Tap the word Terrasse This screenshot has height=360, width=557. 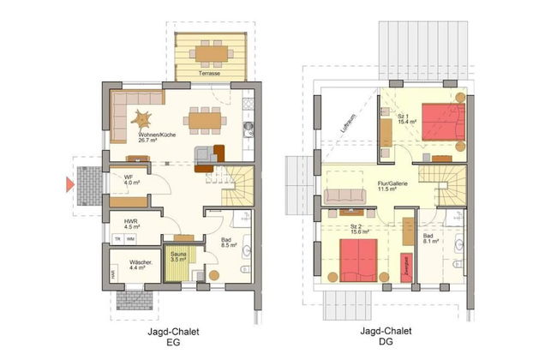tap(209, 75)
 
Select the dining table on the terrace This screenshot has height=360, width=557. tap(210, 53)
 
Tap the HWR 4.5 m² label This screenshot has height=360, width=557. tap(131, 225)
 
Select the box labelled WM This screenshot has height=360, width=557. tap(130, 240)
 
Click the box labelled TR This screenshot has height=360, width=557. tap(117, 240)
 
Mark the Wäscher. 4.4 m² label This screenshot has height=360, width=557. tap(141, 265)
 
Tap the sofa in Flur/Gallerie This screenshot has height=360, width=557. tap(348, 195)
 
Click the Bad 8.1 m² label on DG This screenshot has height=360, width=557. tap(430, 239)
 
